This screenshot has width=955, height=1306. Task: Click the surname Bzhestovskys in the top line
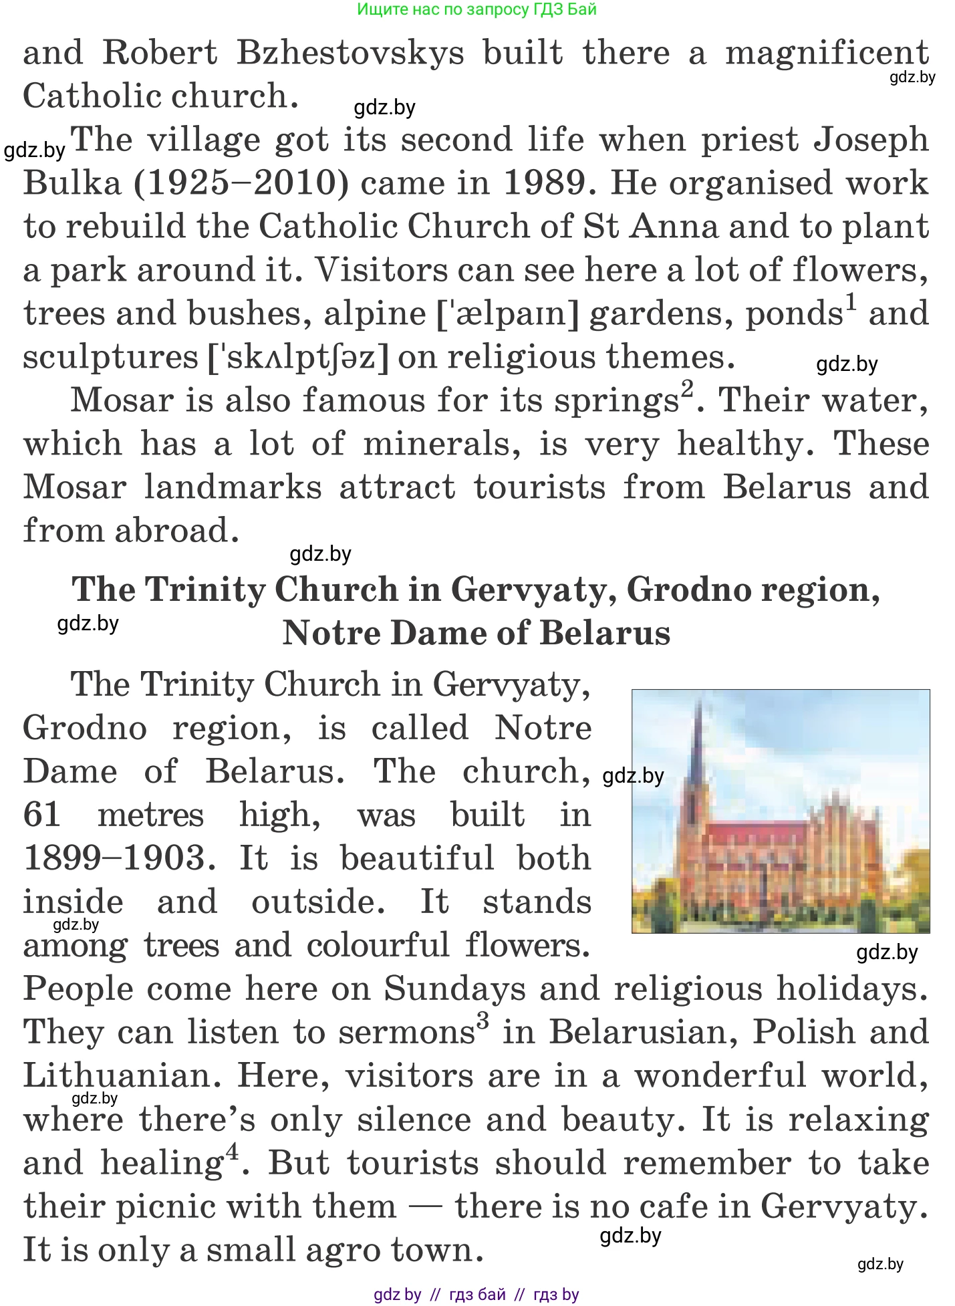pos(350,53)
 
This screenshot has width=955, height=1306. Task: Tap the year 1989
pos(547,183)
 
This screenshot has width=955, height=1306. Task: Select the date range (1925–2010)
pos(241,183)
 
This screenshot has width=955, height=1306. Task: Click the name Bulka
pos(72,183)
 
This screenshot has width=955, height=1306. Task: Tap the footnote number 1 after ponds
pos(851,303)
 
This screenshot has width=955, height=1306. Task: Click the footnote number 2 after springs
pos(687,389)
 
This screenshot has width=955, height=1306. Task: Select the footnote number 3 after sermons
pos(483,1021)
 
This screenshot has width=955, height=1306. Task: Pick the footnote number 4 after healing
pos(232,1152)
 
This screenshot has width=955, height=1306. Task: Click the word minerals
pos(442,444)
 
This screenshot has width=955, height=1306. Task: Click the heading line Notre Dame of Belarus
pos(476,633)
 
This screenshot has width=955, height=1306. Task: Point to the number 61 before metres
pos(42,815)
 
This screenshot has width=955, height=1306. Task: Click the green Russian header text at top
pos(476,9)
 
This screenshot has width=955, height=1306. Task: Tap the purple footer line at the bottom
pos(476,1295)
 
